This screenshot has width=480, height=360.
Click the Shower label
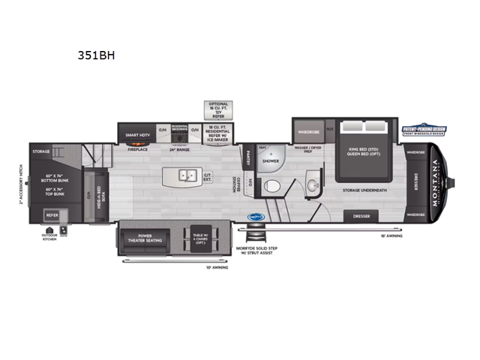click(x=271, y=161)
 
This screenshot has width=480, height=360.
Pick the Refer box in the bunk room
click(x=52, y=212)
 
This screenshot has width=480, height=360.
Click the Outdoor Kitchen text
click(x=50, y=238)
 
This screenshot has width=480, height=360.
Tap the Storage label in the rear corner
click(x=40, y=151)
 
